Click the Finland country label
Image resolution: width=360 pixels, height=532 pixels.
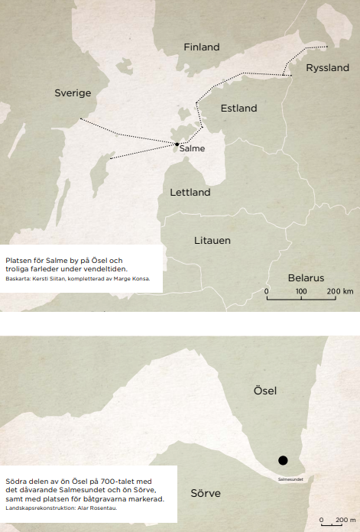point(202,47)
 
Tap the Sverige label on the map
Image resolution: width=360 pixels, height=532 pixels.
point(73,93)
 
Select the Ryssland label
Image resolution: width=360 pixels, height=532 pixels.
point(327,68)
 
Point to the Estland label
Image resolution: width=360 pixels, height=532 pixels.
point(238,109)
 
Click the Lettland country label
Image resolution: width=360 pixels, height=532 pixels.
point(190,193)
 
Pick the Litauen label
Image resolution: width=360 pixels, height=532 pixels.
point(212,241)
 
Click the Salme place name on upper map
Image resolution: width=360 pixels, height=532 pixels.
point(192,148)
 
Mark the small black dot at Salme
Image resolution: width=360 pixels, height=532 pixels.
point(177,144)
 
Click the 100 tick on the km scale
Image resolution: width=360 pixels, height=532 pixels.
point(300,292)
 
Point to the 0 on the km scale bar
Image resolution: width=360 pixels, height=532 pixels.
point(267,292)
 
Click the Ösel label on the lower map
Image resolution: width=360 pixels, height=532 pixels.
point(264,391)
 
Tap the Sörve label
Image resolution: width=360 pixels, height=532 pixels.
point(206,493)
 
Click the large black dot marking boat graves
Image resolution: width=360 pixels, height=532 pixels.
point(283,460)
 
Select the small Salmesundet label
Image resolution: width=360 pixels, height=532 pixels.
point(290,478)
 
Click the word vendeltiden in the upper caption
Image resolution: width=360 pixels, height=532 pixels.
point(105,270)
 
